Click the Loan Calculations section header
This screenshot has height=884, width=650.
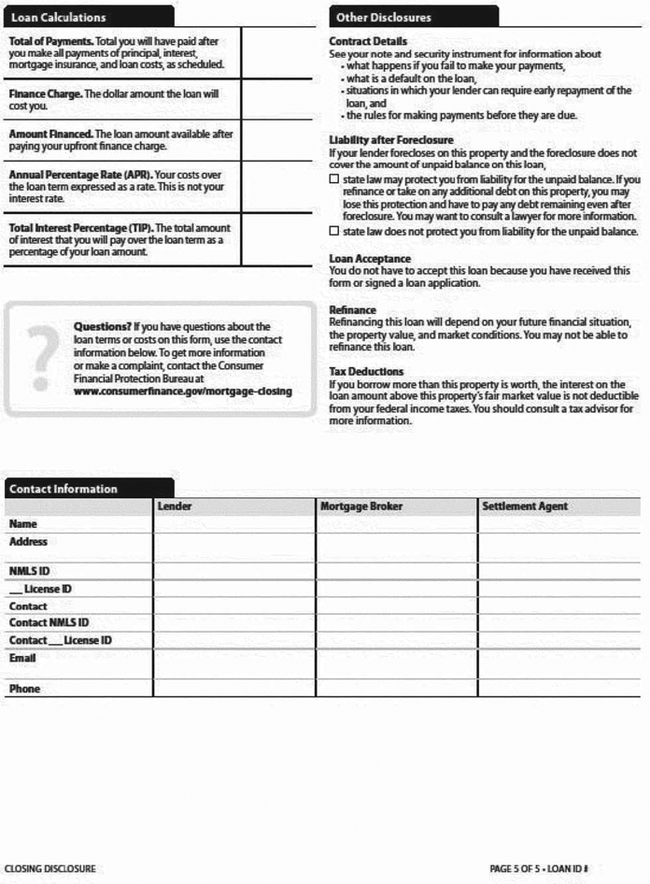click(x=58, y=17)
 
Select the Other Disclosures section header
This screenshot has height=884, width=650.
click(x=384, y=17)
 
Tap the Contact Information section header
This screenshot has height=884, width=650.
click(x=64, y=489)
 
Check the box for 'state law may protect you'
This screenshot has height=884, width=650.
click(x=334, y=179)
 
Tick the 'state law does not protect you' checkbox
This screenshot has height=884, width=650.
click(x=334, y=231)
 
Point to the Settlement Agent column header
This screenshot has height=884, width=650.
click(x=525, y=506)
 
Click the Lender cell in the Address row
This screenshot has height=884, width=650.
click(x=234, y=548)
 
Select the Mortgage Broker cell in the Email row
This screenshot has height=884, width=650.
click(x=396, y=664)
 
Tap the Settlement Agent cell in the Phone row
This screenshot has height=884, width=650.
click(x=558, y=689)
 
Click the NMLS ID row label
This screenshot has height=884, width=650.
click(x=29, y=570)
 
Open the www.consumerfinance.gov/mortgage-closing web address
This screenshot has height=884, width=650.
click(x=182, y=392)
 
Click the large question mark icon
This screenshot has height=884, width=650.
click(x=39, y=358)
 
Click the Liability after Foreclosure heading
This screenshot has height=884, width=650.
click(x=391, y=140)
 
